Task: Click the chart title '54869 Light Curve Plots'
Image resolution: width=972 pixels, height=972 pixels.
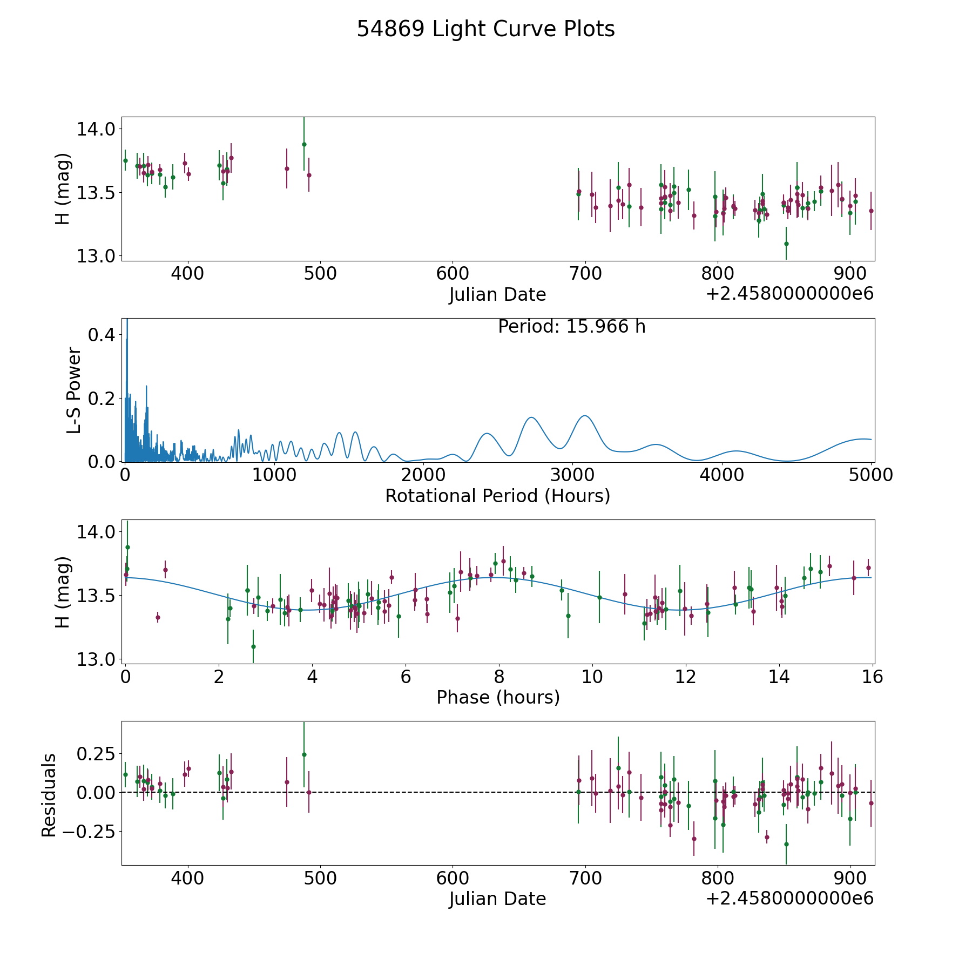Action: point(485,29)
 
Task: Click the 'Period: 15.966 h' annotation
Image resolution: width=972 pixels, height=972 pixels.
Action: point(571,327)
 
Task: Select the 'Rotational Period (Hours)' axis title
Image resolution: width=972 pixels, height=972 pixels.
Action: point(497,496)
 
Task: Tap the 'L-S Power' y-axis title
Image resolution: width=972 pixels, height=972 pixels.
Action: point(74,390)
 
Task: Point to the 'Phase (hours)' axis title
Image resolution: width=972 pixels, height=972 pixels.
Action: point(497,697)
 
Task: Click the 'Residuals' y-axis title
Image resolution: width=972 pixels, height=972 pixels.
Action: point(49,795)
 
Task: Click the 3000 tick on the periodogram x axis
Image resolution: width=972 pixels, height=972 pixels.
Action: point(572,475)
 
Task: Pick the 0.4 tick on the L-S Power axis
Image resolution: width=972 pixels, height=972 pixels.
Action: point(101,335)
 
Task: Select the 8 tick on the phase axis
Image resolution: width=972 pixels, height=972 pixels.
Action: point(499,677)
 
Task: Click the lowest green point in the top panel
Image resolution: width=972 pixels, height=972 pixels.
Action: point(786,244)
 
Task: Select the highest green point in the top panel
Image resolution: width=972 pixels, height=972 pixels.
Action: point(304,144)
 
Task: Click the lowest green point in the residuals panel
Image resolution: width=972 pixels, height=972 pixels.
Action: point(786,844)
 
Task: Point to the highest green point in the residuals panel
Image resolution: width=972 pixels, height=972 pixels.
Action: point(304,754)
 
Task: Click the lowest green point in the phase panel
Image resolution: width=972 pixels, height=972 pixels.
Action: point(253,646)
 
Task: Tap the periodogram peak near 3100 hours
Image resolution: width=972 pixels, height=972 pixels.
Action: point(584,416)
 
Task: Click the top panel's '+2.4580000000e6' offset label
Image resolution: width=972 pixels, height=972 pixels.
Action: point(789,294)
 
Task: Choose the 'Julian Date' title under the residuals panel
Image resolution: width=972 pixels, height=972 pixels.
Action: point(497,899)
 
